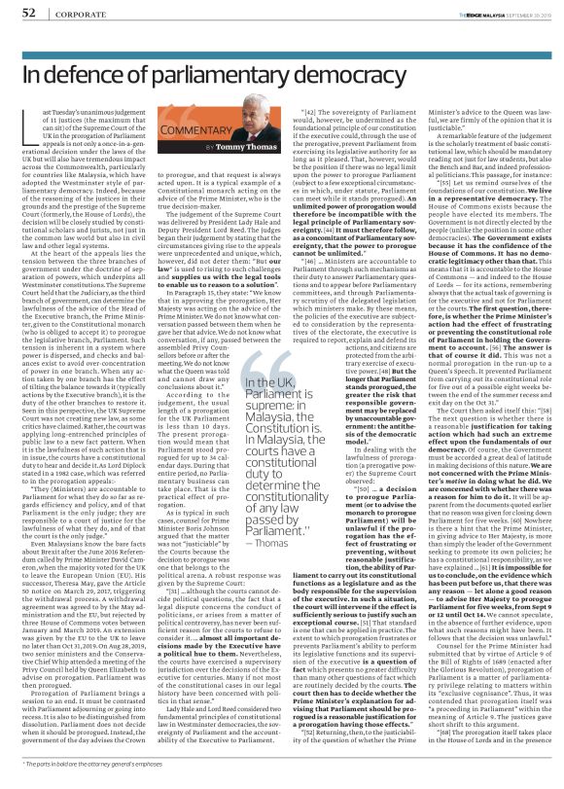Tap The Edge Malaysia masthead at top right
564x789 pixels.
point(465,11)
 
